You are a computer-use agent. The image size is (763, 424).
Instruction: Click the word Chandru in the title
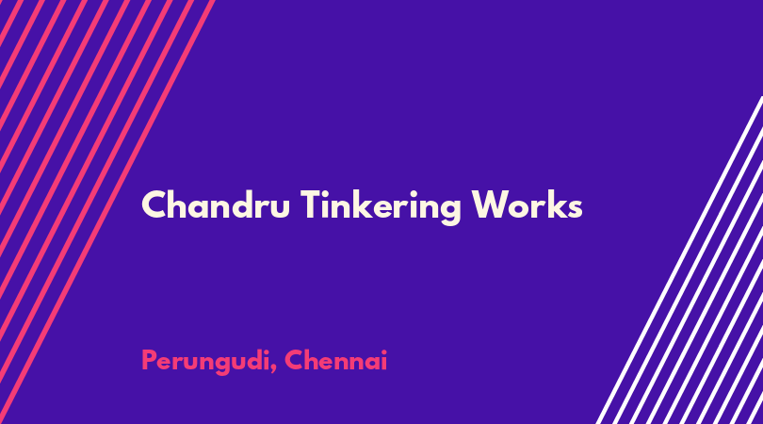(216, 204)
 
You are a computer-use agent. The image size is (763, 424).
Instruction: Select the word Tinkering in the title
(381, 207)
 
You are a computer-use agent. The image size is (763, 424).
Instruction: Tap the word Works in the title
(527, 204)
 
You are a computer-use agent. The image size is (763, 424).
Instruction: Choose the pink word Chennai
(335, 360)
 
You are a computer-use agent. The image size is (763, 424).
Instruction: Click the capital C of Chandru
(154, 205)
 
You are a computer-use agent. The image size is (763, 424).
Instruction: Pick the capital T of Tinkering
(312, 204)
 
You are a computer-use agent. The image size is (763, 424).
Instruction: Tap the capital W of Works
(492, 205)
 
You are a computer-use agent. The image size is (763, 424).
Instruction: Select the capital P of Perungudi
(150, 361)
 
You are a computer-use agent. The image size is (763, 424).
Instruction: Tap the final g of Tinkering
(448, 212)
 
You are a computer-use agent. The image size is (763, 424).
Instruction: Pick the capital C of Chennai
(295, 361)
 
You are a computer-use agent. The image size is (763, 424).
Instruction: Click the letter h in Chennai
(314, 360)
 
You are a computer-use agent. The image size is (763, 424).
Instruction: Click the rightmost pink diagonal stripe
(107, 212)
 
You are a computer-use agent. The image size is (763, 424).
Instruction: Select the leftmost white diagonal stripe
(679, 260)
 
